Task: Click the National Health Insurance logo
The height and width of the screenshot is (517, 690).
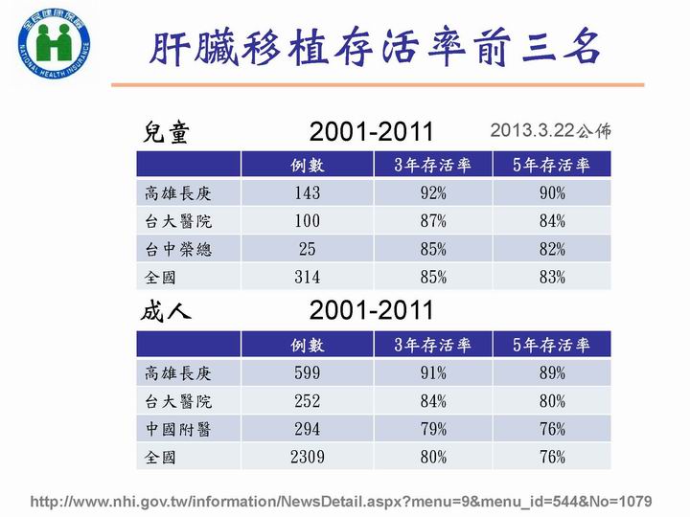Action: pyautogui.click(x=54, y=44)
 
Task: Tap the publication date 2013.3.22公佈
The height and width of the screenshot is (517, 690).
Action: pyautogui.click(x=550, y=130)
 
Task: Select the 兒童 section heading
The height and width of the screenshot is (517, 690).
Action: pyautogui.click(x=166, y=132)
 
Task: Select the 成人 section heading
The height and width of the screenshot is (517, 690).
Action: pyautogui.click(x=166, y=312)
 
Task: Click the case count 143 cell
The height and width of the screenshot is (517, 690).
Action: pyautogui.click(x=308, y=192)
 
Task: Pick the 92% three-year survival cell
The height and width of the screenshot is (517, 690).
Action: pyautogui.click(x=433, y=192)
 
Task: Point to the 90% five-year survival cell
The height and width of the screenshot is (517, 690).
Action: pyautogui.click(x=552, y=192)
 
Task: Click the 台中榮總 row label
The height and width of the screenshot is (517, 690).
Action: pyautogui.click(x=178, y=249)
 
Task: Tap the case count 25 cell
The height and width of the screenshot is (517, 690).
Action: pyautogui.click(x=308, y=249)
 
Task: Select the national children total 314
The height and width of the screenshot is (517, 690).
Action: pyautogui.click(x=308, y=277)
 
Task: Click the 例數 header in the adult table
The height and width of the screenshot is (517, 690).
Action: pyautogui.click(x=308, y=345)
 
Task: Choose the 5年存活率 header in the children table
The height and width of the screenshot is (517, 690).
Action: pyautogui.click(x=551, y=165)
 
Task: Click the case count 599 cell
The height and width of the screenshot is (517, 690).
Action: pyautogui.click(x=308, y=372)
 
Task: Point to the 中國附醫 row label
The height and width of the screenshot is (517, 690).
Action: pyautogui.click(x=178, y=429)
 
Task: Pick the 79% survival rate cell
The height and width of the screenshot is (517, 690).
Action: pyautogui.click(x=433, y=429)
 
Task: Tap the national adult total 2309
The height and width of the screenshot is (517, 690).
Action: pyautogui.click(x=308, y=457)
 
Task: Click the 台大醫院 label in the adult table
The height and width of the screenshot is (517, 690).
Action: pyautogui.click(x=178, y=401)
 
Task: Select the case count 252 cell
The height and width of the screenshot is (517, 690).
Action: pyautogui.click(x=308, y=401)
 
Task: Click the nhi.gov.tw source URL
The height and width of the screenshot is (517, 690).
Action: pyautogui.click(x=341, y=502)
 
